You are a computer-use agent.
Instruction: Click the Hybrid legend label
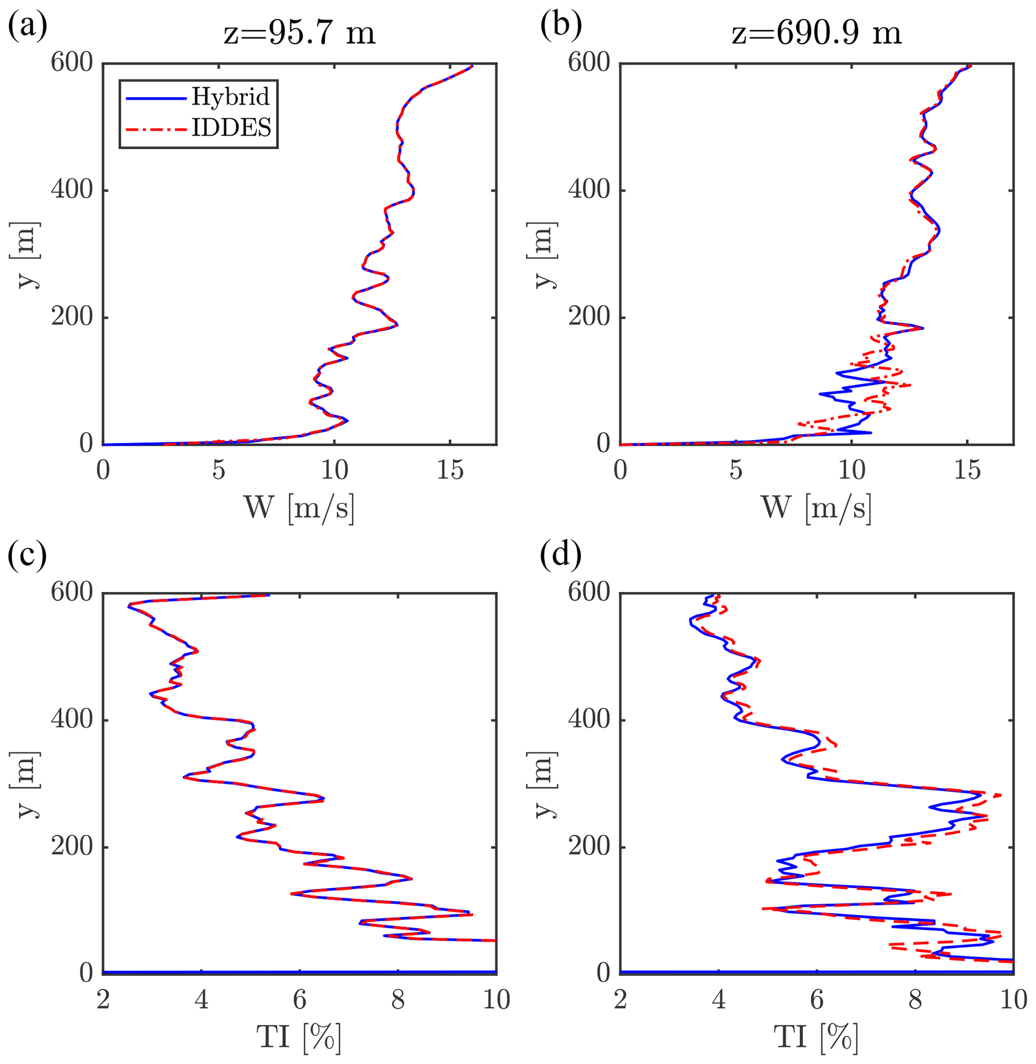230,97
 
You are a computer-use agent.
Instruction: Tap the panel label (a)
27,26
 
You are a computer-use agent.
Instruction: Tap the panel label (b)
561,26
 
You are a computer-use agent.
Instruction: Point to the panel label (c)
27,555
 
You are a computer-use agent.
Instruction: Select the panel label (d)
561,555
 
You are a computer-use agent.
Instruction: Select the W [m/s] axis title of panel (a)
299,508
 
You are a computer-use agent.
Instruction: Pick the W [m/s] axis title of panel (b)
816,508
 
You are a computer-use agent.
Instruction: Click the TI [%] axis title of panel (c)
299,1038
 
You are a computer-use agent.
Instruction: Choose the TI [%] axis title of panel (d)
816,1038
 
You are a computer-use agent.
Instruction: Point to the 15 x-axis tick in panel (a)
450,469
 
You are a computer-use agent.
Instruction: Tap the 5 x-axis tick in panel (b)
736,469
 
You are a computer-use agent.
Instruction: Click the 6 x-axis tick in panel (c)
299,999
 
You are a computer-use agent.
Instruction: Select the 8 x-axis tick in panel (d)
915,999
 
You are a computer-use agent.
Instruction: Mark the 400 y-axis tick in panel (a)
72,190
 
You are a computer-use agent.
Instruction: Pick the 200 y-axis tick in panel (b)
589,317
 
